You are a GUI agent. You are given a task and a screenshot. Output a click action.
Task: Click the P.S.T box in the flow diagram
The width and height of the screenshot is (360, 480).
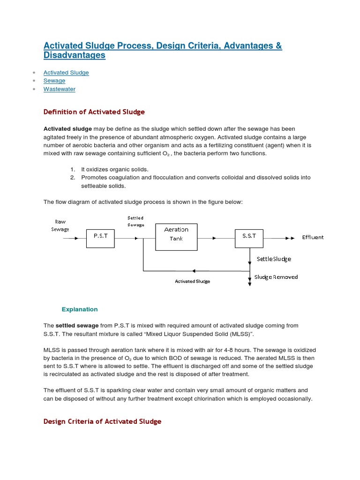(100, 238)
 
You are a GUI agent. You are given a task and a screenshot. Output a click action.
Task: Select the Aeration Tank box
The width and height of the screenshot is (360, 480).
(176, 237)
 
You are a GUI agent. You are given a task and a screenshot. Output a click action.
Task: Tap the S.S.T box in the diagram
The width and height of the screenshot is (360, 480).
(249, 238)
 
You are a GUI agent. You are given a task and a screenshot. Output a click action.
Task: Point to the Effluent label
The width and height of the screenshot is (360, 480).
(313, 237)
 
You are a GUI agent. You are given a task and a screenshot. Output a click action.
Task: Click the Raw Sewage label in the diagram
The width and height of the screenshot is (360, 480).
(60, 225)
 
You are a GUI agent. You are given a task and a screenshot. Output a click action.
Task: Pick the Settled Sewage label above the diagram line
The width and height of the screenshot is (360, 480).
(135, 221)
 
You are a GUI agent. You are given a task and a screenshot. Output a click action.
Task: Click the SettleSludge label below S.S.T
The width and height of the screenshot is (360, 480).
(274, 259)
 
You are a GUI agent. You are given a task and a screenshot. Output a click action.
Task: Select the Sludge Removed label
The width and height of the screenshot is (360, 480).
(276, 277)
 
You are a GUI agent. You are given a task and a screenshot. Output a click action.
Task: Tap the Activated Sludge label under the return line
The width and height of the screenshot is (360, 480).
(192, 281)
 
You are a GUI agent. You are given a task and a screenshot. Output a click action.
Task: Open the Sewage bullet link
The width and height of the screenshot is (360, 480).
(54, 81)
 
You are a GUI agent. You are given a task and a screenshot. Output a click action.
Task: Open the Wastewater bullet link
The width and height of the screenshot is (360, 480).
(59, 89)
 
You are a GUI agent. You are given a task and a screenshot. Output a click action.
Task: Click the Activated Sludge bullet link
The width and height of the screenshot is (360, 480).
(66, 73)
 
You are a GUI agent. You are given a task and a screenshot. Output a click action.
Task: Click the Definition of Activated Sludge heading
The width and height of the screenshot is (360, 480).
(94, 112)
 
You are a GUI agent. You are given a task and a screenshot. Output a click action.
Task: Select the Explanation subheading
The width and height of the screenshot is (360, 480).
(80, 309)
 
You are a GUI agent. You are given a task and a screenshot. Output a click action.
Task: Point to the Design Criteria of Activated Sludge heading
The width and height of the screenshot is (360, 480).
(102, 421)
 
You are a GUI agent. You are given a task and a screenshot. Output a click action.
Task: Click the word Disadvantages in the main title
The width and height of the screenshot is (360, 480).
(75, 55)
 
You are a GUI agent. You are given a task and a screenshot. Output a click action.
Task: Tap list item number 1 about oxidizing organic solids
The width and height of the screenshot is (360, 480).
(114, 169)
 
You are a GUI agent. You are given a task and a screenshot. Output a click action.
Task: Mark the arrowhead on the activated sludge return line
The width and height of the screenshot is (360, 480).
(194, 271)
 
